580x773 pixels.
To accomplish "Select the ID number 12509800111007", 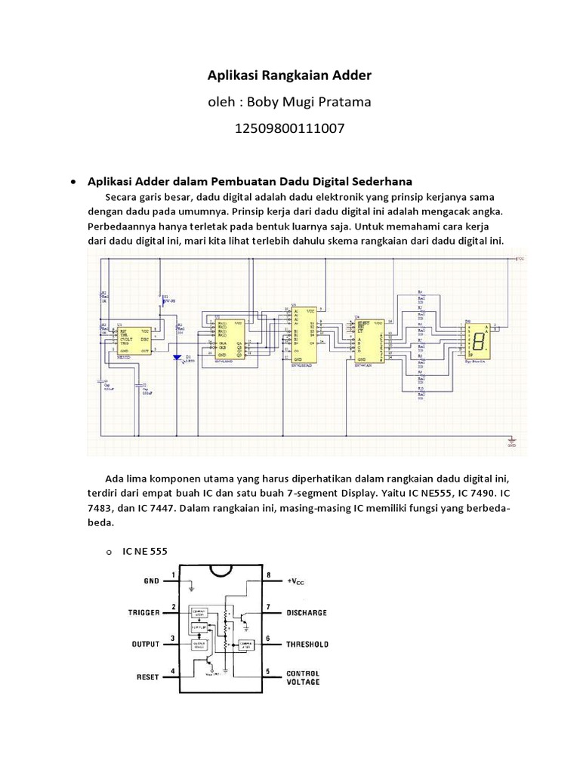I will pos(290,128).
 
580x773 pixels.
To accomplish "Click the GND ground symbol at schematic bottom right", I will pos(511,440).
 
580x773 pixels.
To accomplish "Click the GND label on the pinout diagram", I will pos(151,581).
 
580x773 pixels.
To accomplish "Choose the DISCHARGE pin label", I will pos(307,613).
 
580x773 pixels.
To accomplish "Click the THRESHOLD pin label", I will pos(307,644).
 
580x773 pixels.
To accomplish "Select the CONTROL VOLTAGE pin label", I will pos(303,677).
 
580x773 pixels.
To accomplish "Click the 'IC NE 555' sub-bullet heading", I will pos(144,551).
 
